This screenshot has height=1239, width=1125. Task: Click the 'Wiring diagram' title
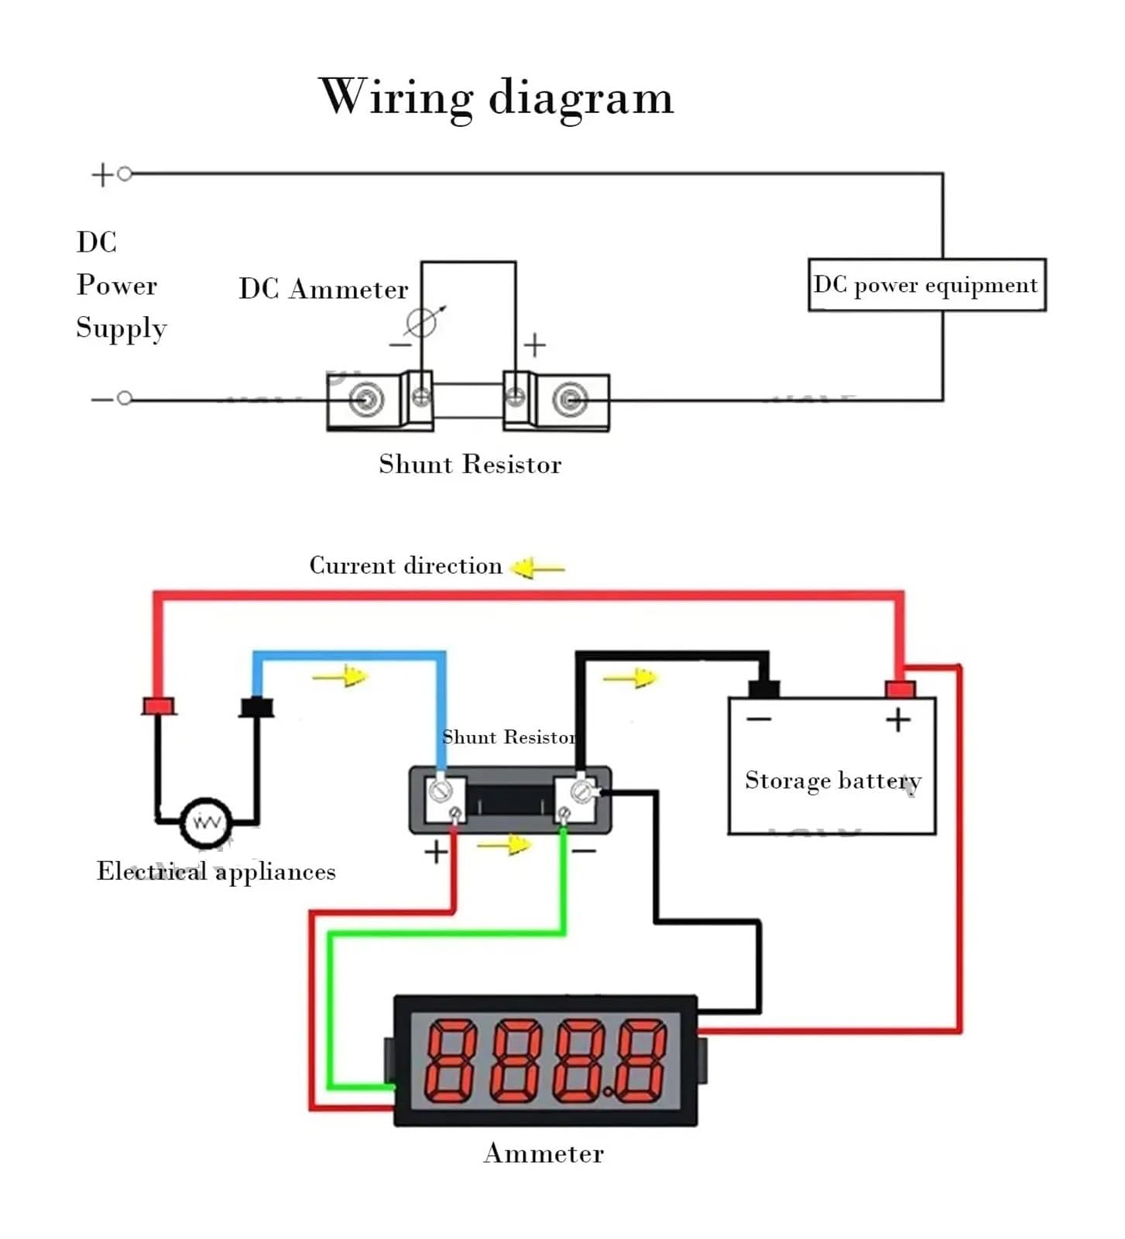pos(496,98)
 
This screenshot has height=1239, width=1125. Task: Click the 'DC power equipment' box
pos(926,285)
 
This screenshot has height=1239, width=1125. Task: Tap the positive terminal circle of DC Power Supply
pos(125,174)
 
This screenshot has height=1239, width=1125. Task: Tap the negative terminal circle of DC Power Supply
pos(125,399)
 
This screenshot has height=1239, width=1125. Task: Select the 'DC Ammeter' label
pos(323,290)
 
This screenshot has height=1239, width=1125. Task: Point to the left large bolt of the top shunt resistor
pos(365,400)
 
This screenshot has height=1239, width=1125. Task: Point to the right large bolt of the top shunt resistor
pos(570,400)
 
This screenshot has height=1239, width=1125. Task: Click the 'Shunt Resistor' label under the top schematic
pos(469,465)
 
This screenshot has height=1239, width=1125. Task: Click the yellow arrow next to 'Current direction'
pos(537,568)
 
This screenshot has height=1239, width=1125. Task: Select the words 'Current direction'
pos(406,566)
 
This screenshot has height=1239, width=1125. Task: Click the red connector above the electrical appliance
pos(159,705)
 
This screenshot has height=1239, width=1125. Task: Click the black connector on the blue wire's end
pos(256,707)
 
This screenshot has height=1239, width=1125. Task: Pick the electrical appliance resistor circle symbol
pos(206,822)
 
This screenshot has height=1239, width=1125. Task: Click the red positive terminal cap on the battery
pos(900,688)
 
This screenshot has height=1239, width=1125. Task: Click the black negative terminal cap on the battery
pos(763,688)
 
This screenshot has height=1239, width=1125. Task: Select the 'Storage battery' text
pos(832,781)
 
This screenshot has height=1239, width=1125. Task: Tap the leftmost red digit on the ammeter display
pos(451,1060)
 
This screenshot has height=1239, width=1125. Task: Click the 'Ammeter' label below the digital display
pos(544,1154)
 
